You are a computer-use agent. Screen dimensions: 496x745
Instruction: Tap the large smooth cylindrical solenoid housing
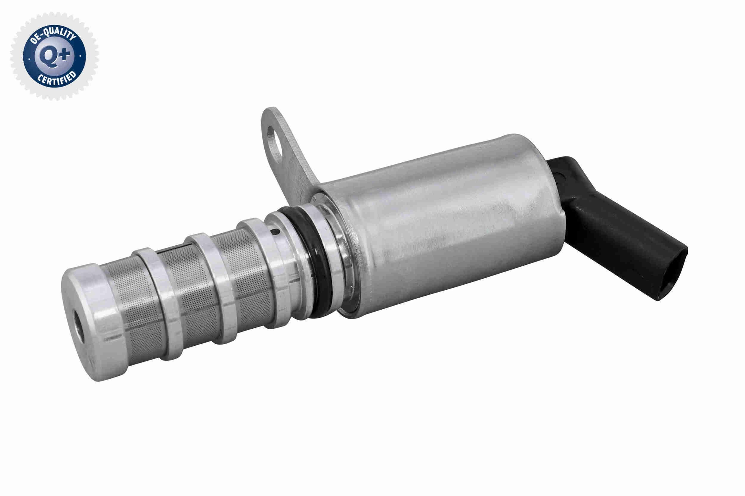tap(459, 222)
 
